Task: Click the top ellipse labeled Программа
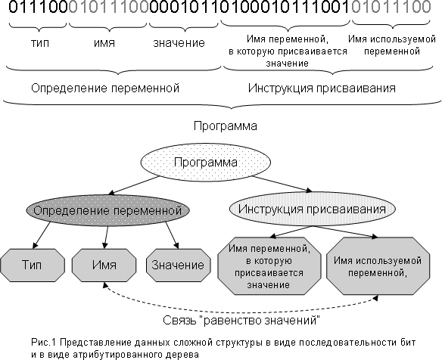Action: click(x=206, y=163)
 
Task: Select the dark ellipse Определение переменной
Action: click(x=107, y=210)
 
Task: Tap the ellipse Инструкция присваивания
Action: click(x=312, y=209)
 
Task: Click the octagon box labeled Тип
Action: click(x=32, y=265)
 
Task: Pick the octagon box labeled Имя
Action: click(x=104, y=265)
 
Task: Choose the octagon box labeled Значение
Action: click(x=178, y=265)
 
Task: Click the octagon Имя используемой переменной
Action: click(x=378, y=266)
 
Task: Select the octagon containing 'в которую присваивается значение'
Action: click(x=269, y=266)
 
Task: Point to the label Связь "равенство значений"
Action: click(x=241, y=320)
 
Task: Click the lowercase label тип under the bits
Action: click(x=40, y=43)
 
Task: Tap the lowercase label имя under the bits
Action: click(x=104, y=43)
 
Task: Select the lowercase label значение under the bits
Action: click(x=179, y=43)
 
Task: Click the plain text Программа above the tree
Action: click(x=226, y=126)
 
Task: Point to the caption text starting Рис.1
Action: click(x=223, y=348)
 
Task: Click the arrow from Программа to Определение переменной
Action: click(x=134, y=185)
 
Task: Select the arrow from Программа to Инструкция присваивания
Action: click(x=282, y=184)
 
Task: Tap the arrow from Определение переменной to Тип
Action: click(x=42, y=235)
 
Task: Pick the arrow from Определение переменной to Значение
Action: click(x=173, y=235)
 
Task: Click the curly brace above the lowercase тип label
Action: click(x=38, y=26)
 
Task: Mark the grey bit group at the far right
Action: click(x=391, y=7)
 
